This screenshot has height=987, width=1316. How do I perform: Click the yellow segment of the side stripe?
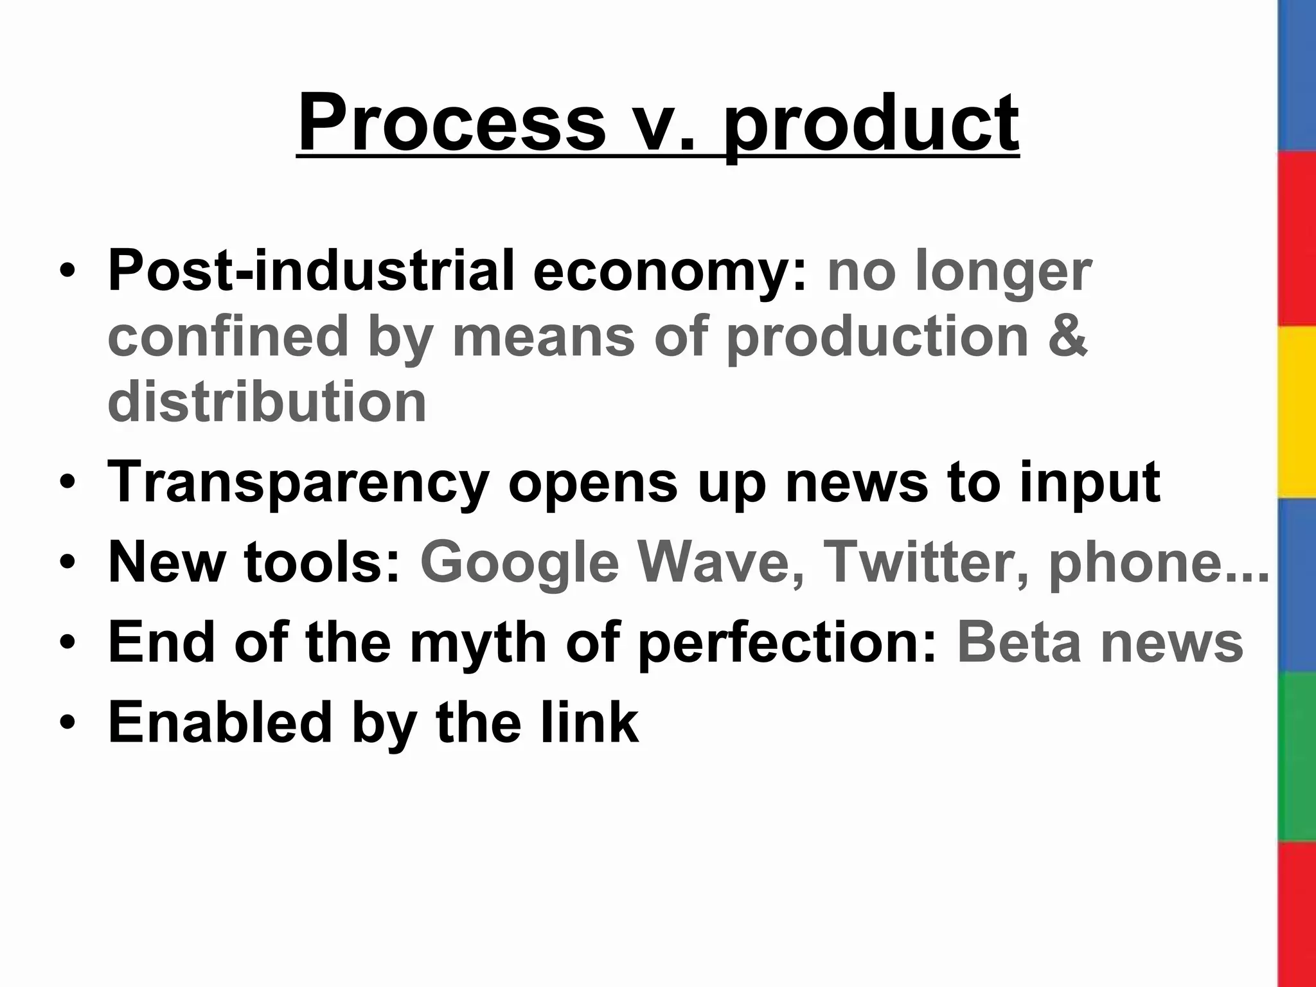(1297, 411)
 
